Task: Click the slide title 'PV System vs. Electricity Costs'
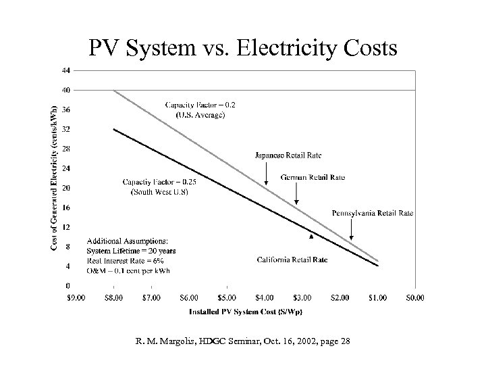(x=243, y=48)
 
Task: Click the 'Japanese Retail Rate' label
(x=288, y=156)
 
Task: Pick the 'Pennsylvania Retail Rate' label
(x=373, y=213)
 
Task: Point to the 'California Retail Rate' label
(x=292, y=259)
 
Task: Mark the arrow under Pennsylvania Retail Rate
(x=352, y=229)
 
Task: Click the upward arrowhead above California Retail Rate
(x=310, y=237)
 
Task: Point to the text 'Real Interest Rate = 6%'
(x=126, y=260)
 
